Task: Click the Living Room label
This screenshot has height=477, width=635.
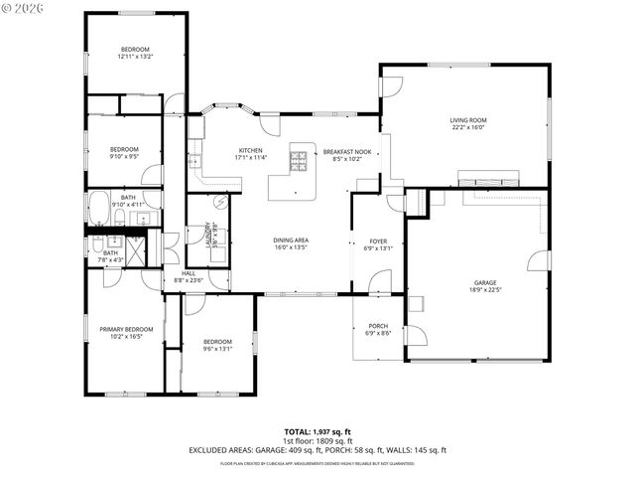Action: tap(469, 120)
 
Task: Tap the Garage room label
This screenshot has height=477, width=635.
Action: tap(484, 283)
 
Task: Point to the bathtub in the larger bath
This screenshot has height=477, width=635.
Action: tap(100, 211)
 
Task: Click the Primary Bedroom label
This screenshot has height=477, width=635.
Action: tap(126, 329)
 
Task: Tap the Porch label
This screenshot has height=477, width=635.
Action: tap(378, 326)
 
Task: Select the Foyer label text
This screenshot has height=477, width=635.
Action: tap(378, 240)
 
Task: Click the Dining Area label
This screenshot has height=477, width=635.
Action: tap(292, 240)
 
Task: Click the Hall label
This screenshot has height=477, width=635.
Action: tap(188, 273)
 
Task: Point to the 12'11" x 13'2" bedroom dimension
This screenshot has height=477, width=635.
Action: tap(135, 58)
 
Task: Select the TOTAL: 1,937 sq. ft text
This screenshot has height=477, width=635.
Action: tap(317, 431)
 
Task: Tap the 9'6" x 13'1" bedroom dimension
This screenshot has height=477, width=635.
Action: tap(217, 349)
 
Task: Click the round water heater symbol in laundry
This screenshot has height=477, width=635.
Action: tap(221, 202)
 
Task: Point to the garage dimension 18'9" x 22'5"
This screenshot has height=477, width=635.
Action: tap(484, 291)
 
